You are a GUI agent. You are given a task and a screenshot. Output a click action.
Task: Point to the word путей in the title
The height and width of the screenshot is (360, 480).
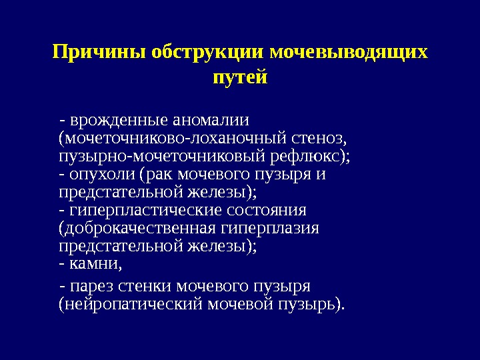[x=239, y=77]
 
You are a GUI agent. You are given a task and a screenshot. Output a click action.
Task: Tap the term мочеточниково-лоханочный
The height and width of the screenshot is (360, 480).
[x=171, y=139]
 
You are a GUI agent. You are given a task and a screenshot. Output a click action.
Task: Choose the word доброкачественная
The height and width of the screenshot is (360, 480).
[x=138, y=229]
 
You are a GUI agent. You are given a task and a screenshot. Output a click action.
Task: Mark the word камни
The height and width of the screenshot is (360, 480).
[x=95, y=264]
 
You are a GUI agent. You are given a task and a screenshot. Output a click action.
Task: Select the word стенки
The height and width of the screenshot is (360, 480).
[x=144, y=287]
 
